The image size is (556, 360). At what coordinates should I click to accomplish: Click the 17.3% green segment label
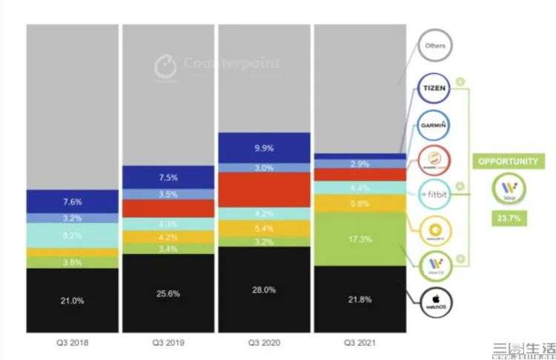[359, 240]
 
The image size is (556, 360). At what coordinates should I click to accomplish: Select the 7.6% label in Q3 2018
[72, 201]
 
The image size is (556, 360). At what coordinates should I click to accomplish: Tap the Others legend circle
[434, 46]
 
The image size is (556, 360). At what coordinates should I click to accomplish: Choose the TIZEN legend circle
[434, 87]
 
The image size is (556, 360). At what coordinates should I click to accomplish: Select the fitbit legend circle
[434, 194]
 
